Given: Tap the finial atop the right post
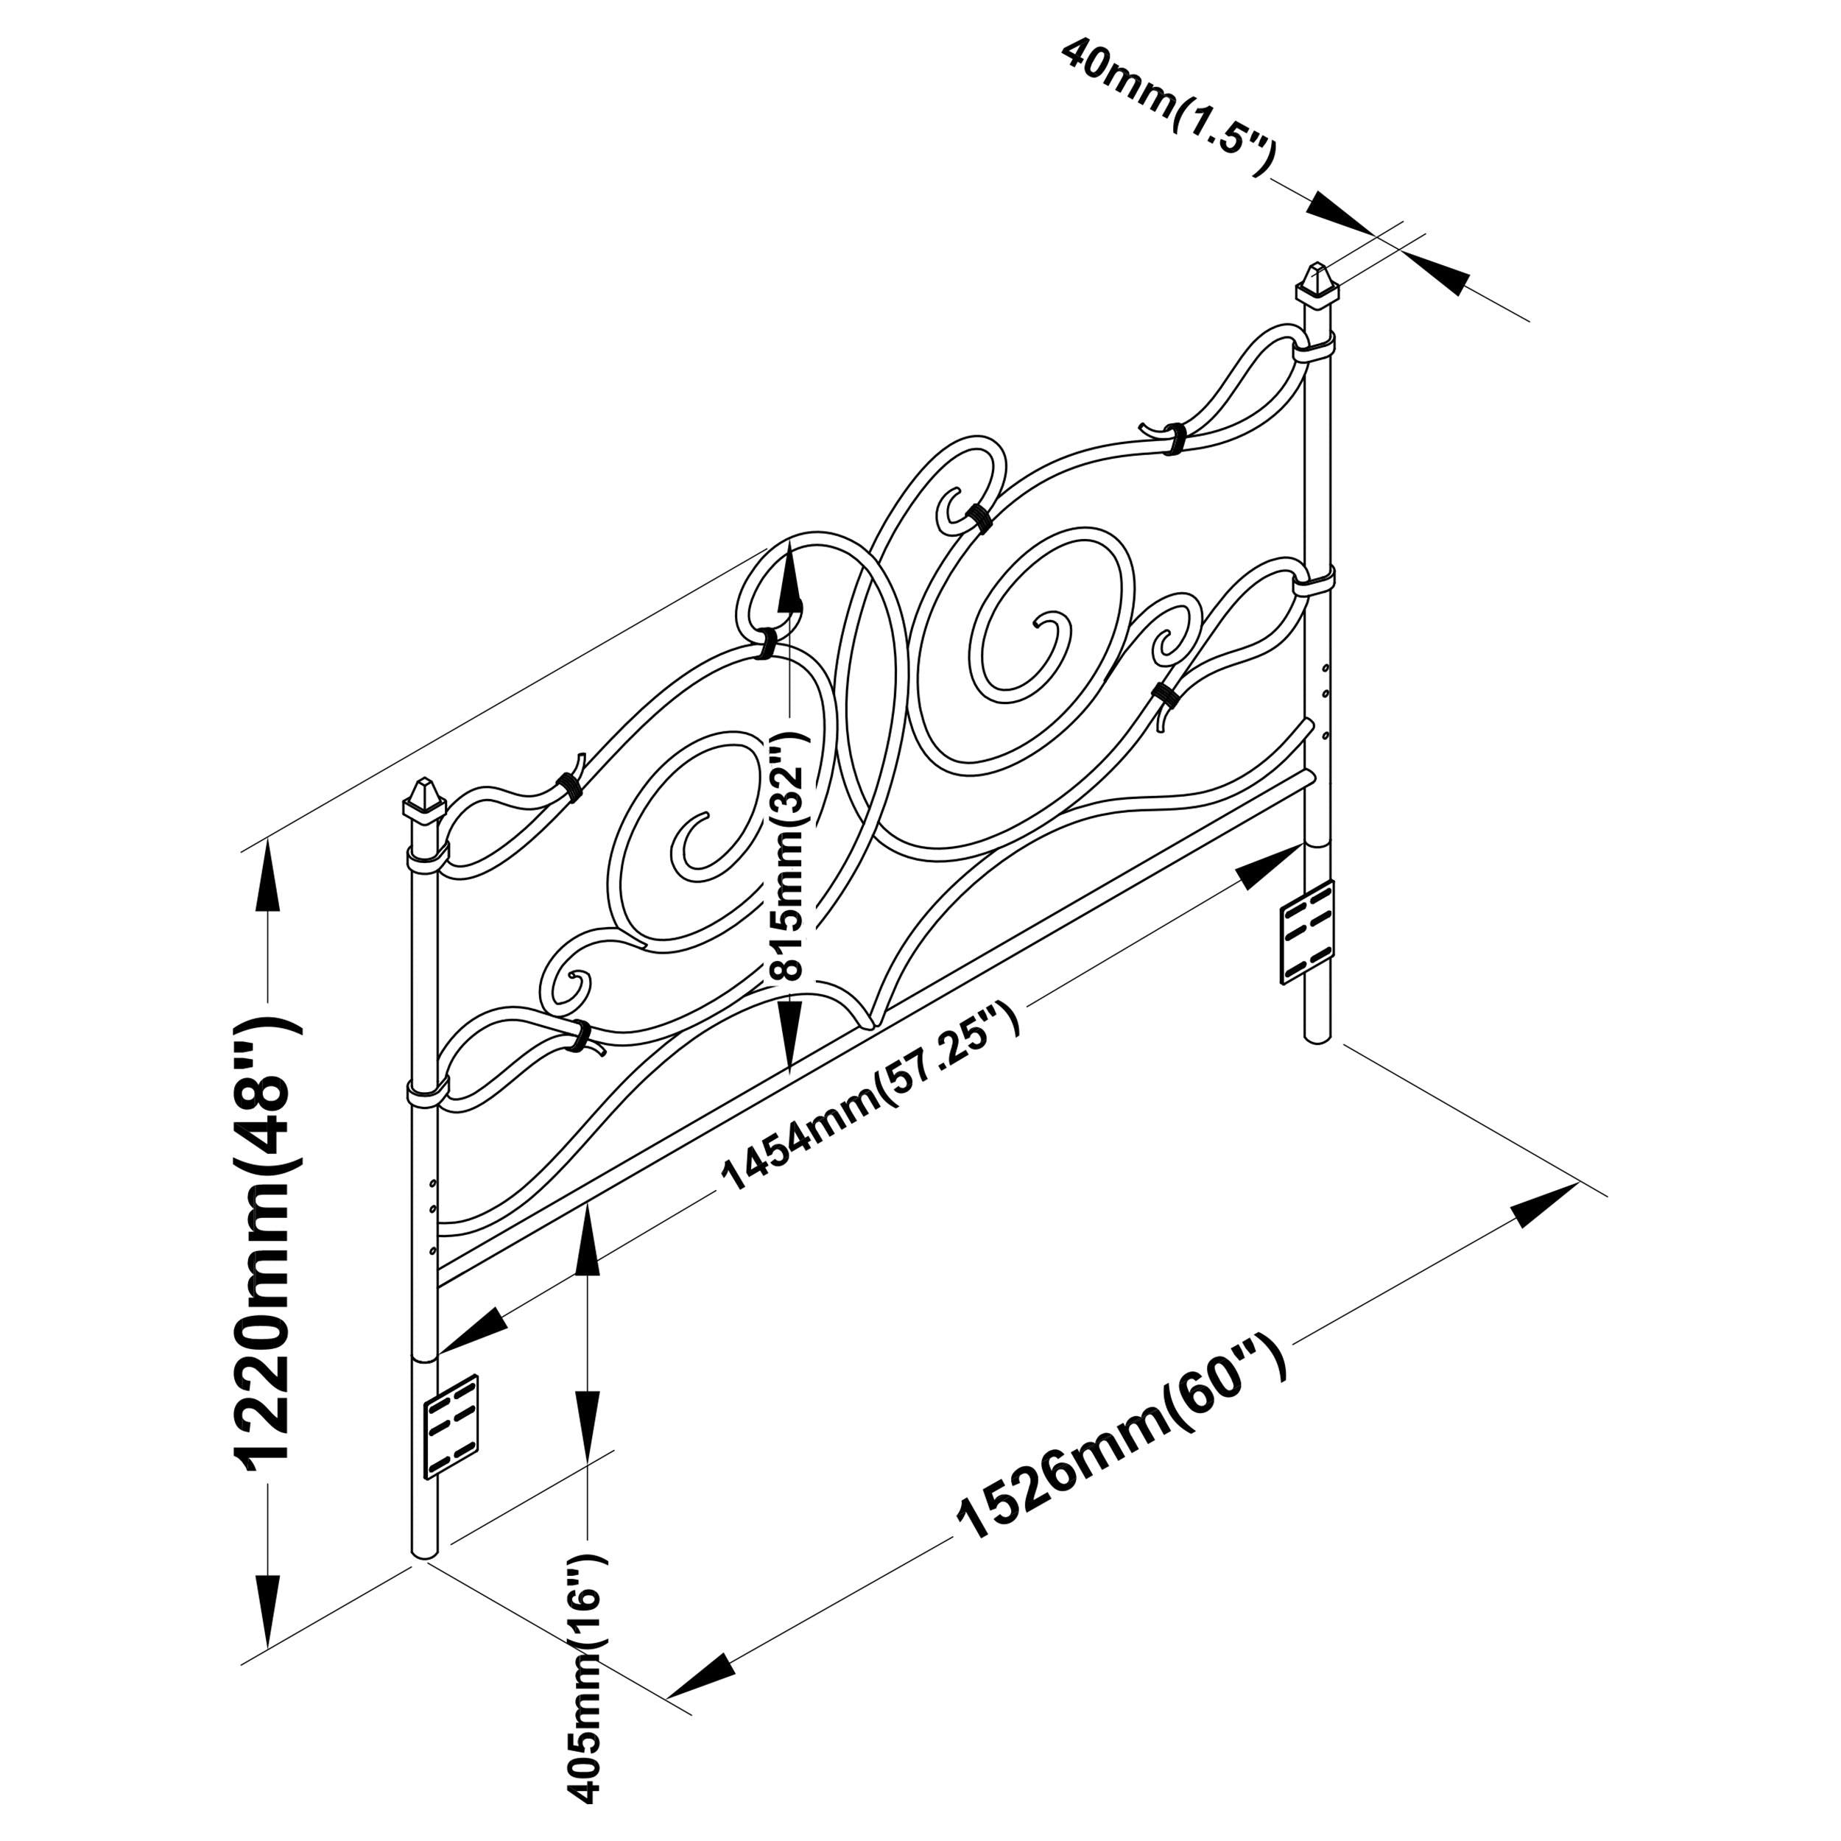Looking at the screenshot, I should tap(1317, 284).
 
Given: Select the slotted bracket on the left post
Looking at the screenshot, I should tap(450, 1426).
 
